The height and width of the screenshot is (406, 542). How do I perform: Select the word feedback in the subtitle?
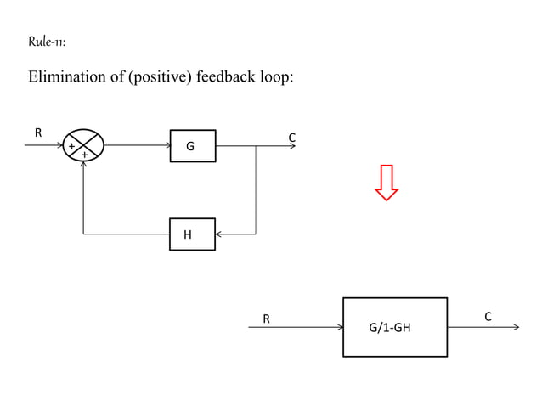(x=225, y=78)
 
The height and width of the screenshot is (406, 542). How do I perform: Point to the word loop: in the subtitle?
(x=275, y=78)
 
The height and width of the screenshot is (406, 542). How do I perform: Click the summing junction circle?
(x=84, y=145)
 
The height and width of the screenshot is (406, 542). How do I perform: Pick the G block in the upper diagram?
(x=192, y=145)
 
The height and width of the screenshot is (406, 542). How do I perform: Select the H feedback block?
(x=192, y=234)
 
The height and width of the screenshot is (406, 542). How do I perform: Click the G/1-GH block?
(x=394, y=327)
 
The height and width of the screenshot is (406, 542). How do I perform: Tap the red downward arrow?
(x=387, y=182)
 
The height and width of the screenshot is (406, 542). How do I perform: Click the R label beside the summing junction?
(x=37, y=133)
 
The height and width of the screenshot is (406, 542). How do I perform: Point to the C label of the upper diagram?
(x=291, y=137)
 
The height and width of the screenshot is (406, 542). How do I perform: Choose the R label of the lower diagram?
(x=267, y=319)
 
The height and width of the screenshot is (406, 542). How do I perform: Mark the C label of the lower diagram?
(x=488, y=317)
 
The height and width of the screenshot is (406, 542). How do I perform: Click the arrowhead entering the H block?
(x=219, y=234)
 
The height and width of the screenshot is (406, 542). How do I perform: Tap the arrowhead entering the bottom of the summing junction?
(x=83, y=165)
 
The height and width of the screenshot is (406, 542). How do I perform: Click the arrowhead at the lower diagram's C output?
(x=515, y=327)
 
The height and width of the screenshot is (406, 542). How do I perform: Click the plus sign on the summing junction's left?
(x=71, y=147)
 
